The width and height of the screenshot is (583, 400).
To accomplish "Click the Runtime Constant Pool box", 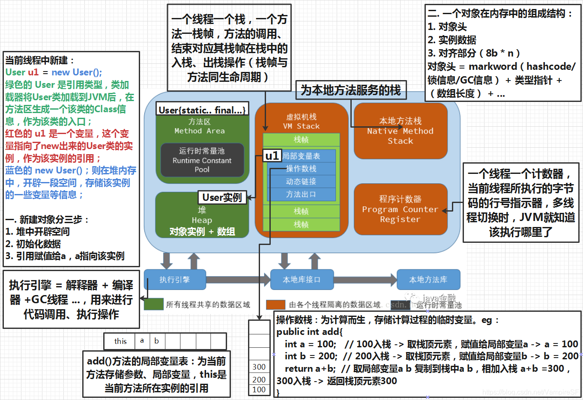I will [202, 160].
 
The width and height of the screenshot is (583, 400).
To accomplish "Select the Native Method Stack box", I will [400, 131].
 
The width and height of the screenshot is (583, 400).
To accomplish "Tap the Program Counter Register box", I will [400, 209].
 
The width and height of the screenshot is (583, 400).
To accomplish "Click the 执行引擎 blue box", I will [174, 280].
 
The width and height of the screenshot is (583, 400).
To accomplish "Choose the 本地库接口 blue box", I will [302, 280].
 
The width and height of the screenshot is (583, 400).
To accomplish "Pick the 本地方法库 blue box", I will [428, 280].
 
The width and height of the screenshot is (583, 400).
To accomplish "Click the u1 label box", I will [272, 155].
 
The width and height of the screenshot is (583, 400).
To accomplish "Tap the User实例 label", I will [222, 197].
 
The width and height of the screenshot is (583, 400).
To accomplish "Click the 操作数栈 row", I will [301, 169].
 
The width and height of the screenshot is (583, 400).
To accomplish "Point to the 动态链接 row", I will [301, 182].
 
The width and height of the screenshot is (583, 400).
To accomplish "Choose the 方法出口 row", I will [301, 194].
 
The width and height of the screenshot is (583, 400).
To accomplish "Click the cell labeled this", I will [120, 341].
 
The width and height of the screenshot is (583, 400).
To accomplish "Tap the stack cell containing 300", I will [259, 367].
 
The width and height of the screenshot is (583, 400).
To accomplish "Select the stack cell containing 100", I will [259, 390].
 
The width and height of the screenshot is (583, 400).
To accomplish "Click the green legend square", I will [153, 304].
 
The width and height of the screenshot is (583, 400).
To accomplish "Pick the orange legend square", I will [275, 304].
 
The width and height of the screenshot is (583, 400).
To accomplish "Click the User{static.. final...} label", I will [202, 110].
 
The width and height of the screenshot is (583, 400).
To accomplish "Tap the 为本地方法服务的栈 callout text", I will [350, 90].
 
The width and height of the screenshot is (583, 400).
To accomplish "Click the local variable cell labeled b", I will [157, 341].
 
